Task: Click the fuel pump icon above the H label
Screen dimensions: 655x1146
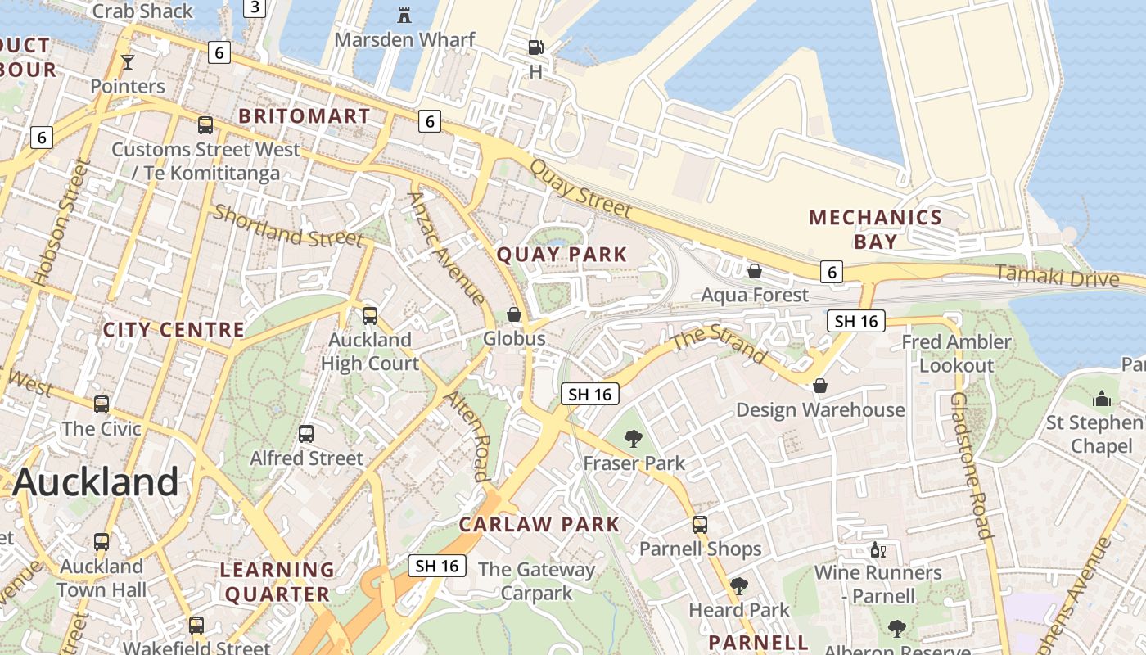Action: (535, 48)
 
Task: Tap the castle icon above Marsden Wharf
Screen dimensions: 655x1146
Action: (404, 15)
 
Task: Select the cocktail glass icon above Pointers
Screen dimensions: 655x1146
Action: (127, 61)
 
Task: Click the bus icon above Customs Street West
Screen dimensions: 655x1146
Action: (205, 125)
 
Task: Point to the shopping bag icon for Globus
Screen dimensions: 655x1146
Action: (514, 314)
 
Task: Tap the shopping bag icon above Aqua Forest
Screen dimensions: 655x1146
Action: (755, 271)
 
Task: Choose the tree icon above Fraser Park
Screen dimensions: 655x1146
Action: (633, 440)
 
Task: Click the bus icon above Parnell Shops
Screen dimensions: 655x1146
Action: (700, 525)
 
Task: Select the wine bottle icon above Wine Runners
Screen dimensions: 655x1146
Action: (878, 549)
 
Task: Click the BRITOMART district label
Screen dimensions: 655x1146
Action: (305, 116)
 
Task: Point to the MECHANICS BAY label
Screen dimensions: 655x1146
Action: (875, 229)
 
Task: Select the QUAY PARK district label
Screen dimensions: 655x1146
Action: (562, 255)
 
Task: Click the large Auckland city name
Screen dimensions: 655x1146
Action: (96, 481)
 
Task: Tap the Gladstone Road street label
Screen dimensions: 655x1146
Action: (972, 464)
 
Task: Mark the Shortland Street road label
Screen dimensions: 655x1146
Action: (288, 226)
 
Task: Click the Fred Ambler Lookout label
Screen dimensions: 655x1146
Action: (956, 353)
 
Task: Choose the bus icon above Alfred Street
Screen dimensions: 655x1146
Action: (306, 434)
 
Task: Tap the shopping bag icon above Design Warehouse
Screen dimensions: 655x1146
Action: (820, 386)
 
